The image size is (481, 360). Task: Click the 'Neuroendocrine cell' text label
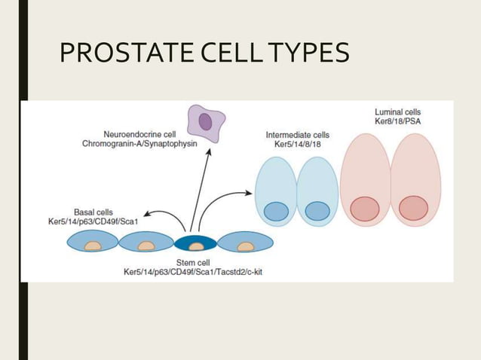147,134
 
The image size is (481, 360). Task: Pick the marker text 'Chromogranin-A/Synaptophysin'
146,144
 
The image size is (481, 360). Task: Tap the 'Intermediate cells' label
296,135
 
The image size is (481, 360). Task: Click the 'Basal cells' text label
93,212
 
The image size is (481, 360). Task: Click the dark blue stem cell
195,243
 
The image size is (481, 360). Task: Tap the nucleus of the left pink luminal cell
365,209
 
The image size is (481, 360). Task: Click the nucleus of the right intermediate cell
317,212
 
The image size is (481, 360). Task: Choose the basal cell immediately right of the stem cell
245,243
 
